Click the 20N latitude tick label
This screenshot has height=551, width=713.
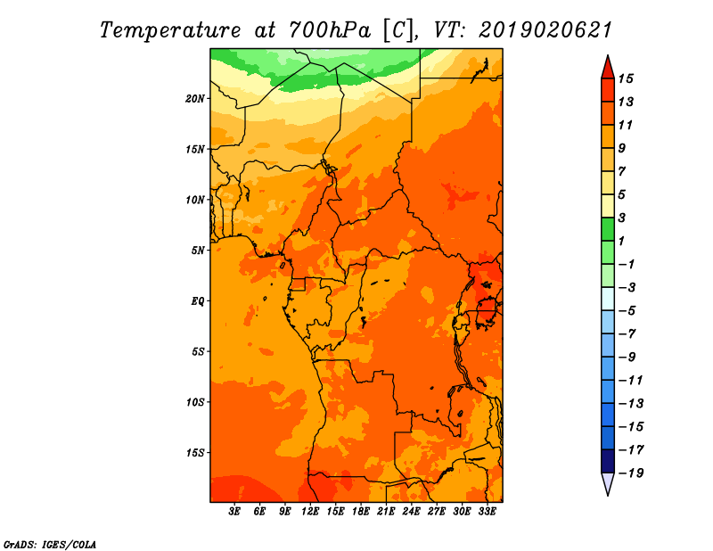195,99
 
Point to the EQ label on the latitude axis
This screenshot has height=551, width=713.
197,301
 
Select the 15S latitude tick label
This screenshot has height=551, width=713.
195,453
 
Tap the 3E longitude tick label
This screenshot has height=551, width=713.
234,511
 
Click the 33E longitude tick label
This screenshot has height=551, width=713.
487,511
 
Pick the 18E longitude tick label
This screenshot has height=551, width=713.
361,511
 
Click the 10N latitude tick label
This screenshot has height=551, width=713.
195,200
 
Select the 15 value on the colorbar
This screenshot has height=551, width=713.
626,78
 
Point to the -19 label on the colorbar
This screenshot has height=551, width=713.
631,473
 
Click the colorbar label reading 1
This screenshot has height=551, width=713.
621,241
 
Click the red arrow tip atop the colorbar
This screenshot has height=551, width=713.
608,55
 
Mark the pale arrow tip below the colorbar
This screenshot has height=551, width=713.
608,494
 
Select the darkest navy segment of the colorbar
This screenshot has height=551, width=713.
608,461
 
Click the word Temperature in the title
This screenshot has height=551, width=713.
169,31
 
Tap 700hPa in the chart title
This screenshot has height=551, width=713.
329,30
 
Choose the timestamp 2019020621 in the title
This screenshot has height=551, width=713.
545,30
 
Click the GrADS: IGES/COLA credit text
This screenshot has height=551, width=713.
50,544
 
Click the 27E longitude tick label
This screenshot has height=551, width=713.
436,511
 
